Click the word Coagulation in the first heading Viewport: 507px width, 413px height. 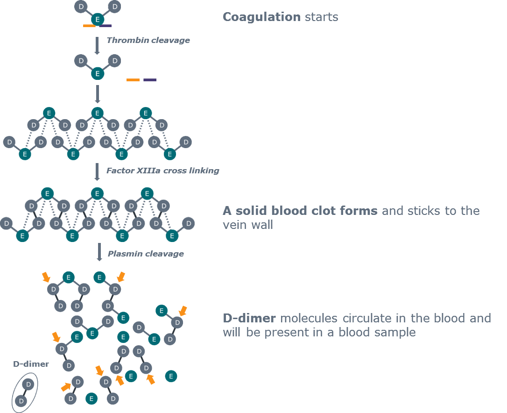tap(261, 17)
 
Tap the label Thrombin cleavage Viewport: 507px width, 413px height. tap(148, 40)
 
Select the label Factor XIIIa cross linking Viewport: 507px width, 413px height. tap(162, 171)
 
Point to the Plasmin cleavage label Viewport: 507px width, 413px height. tap(146, 254)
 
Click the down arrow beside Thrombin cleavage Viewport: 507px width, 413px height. tap(97, 46)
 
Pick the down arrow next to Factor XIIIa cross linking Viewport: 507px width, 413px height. tap(97, 172)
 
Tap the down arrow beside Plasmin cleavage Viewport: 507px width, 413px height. tap(99, 252)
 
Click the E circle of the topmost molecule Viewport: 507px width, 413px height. tap(97, 20)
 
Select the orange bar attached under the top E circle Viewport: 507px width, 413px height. tap(89, 26)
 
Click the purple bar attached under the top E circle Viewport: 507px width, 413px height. tap(106, 26)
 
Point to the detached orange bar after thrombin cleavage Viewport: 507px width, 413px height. tap(133, 79)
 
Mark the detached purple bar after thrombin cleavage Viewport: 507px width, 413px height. tap(150, 79)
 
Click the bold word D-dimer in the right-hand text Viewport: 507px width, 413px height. tap(249, 318)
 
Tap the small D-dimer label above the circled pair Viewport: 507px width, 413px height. tap(31, 364)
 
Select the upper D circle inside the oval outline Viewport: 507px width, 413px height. tap(28, 384)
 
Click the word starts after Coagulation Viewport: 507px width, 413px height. tap(321, 17)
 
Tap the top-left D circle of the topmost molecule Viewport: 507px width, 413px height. tap(81, 7)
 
